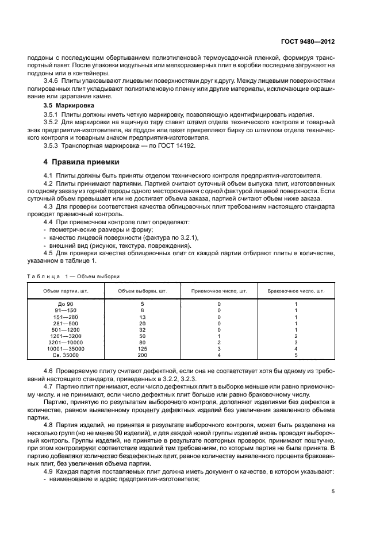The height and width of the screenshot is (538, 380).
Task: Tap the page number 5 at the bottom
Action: (x=333, y=491)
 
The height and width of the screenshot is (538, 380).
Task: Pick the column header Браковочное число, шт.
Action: (x=296, y=291)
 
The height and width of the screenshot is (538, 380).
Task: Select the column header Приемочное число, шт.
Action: (x=219, y=291)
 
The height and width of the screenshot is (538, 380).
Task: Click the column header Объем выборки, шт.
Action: (x=142, y=291)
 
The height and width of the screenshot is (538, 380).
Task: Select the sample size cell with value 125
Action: (x=142, y=349)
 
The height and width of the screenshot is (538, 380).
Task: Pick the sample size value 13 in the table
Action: (x=142, y=317)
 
